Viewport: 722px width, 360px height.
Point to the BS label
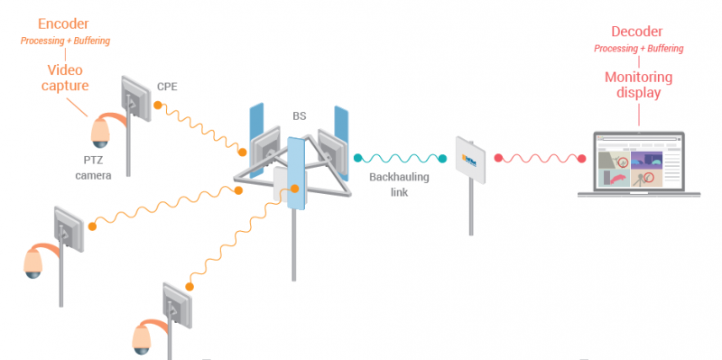coord(299,116)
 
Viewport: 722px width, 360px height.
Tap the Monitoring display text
coord(639,84)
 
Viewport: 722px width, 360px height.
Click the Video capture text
coord(65,78)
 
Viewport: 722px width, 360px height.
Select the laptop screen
coord(638,162)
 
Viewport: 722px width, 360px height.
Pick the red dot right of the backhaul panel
coord(497,159)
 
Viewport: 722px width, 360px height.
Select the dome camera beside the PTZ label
coord(99,134)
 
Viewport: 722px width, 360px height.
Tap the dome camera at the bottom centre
coord(143,337)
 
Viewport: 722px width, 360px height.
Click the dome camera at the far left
coord(34,261)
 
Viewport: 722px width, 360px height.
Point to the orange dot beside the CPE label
coord(156,106)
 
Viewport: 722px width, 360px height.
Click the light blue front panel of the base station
coord(296,173)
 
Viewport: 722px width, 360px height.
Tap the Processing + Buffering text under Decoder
coord(638,48)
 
